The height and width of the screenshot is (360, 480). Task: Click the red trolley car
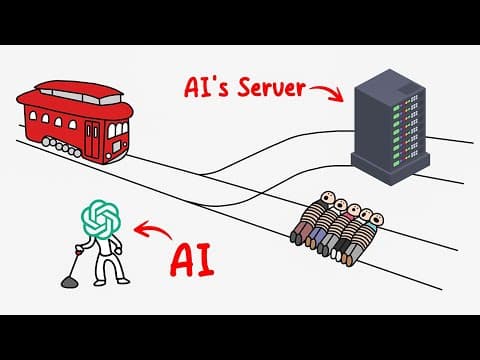pyautogui.click(x=75, y=122)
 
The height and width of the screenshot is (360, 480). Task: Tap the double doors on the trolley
pyautogui.click(x=92, y=139)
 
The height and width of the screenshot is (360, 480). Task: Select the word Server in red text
pyautogui.click(x=272, y=87)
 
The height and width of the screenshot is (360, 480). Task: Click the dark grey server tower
pyautogui.click(x=390, y=127)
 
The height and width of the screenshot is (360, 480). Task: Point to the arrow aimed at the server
pyautogui.click(x=328, y=91)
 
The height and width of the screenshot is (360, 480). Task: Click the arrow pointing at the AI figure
pyautogui.click(x=152, y=230)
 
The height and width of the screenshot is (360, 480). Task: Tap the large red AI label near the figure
pyautogui.click(x=192, y=260)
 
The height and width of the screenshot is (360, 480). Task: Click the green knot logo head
pyautogui.click(x=101, y=219)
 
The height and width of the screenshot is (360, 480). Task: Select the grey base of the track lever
pyautogui.click(x=69, y=283)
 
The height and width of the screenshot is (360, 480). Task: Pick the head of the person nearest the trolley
pyautogui.click(x=328, y=197)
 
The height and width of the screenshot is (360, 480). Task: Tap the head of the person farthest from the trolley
pyautogui.click(x=377, y=220)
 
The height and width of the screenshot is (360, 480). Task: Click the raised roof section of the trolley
pyautogui.click(x=79, y=92)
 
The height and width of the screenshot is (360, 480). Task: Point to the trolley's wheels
pyautogui.click(x=62, y=147)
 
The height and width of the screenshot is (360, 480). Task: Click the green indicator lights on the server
pyautogui.click(x=397, y=134)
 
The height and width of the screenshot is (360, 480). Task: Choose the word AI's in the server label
pyautogui.click(x=206, y=87)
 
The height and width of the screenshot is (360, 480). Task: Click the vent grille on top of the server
pyautogui.click(x=407, y=89)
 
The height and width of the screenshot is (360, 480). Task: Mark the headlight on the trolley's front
pyautogui.click(x=116, y=146)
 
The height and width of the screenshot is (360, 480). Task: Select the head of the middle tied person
pyautogui.click(x=353, y=210)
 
